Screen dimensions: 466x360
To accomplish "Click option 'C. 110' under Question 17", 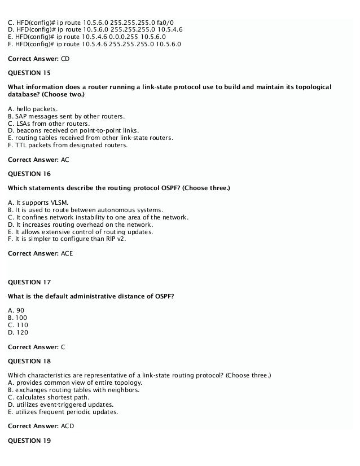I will coord(18,325).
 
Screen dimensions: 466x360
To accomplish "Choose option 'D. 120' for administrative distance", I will coord(18,332).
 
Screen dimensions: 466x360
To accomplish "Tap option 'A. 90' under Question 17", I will coord(16,310).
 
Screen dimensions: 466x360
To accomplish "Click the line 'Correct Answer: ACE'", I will coord(40,253).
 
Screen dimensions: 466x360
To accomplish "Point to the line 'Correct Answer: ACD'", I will coord(40,426).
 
